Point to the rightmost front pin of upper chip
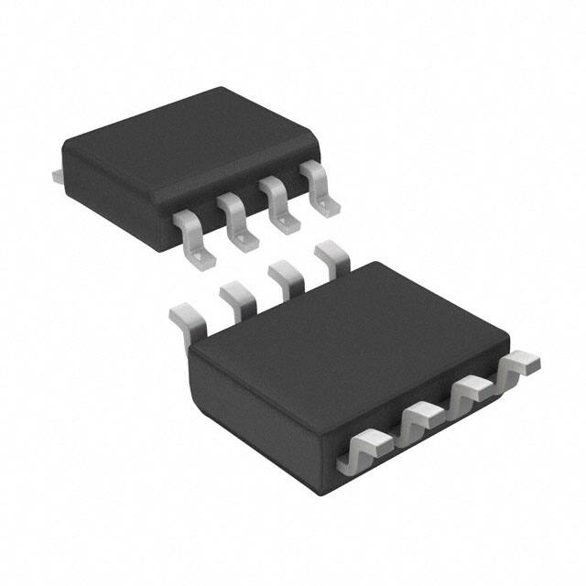320,188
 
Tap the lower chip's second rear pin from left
236,298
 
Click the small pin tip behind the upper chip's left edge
57,171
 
